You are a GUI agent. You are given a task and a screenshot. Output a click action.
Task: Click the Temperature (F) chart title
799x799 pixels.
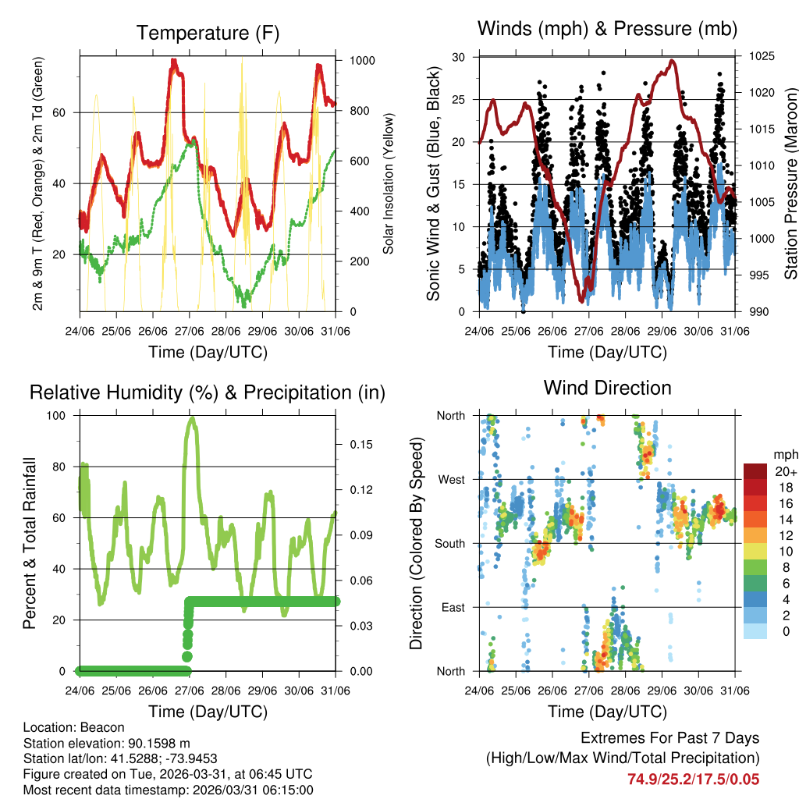click(208, 33)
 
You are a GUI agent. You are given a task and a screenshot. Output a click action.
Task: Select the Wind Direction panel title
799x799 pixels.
click(607, 387)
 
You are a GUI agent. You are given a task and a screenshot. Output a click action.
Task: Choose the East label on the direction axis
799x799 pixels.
click(452, 607)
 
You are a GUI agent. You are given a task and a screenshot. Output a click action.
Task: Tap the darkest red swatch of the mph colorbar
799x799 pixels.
click(755, 471)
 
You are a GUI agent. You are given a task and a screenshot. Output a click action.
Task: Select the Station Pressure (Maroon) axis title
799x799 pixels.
click(790, 184)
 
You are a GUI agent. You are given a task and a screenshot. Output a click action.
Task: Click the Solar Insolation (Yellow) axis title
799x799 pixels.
click(388, 184)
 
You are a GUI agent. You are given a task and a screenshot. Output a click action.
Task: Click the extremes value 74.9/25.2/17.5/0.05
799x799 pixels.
click(693, 779)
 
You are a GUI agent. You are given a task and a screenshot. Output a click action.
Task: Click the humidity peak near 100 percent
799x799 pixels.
click(191, 418)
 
